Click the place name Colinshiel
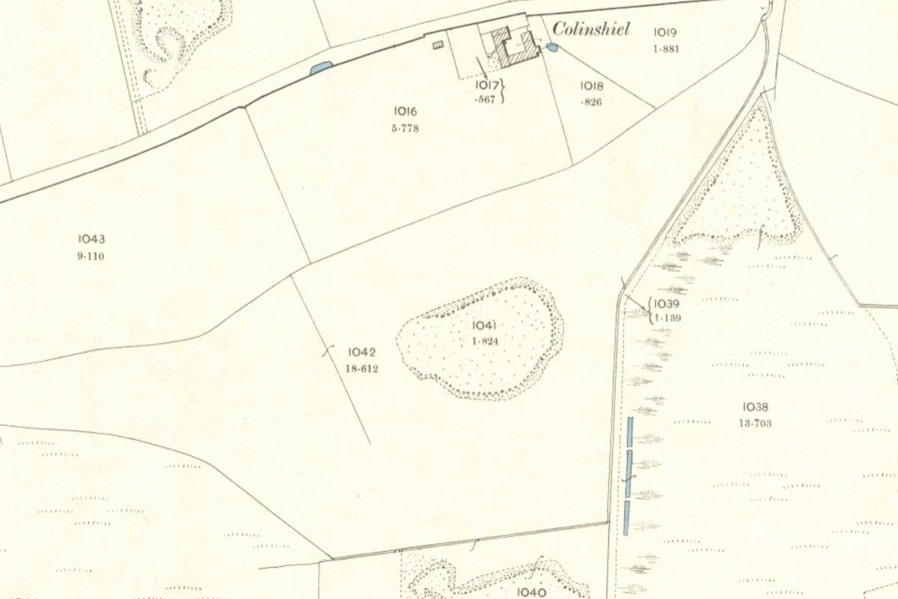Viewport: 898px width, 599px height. (591, 30)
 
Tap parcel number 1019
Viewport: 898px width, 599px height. (665, 32)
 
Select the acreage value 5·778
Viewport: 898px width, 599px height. (404, 128)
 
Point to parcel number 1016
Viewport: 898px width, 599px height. (404, 112)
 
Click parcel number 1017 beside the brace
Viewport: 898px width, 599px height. (486, 85)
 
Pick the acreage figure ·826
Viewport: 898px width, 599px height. (590, 102)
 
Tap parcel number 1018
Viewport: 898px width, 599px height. (591, 85)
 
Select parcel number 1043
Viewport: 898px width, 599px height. (91, 240)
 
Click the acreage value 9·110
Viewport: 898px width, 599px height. (91, 256)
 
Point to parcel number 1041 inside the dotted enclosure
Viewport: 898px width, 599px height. (485, 325)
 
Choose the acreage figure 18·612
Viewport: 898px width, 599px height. (362, 368)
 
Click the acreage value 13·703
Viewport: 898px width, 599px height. (755, 423)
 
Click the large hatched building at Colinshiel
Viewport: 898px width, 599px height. (518, 46)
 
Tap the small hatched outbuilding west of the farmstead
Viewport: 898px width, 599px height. (439, 45)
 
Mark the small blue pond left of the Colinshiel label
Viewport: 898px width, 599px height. (552, 48)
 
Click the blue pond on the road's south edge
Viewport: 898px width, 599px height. (320, 68)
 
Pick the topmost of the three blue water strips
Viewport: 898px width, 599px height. (629, 432)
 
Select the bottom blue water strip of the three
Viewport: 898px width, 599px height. (626, 517)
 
